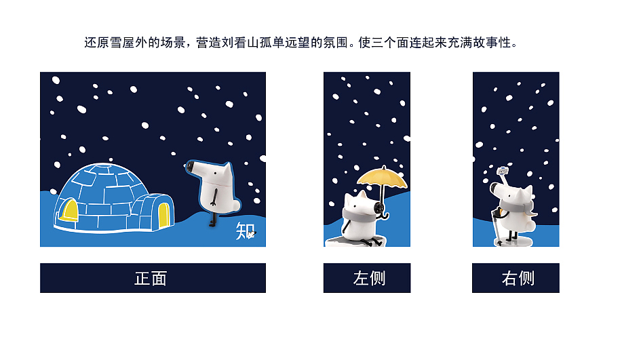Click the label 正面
click(151, 278)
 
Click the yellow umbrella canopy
click(382, 178)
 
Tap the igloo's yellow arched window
click(69, 211)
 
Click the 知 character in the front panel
click(244, 231)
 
